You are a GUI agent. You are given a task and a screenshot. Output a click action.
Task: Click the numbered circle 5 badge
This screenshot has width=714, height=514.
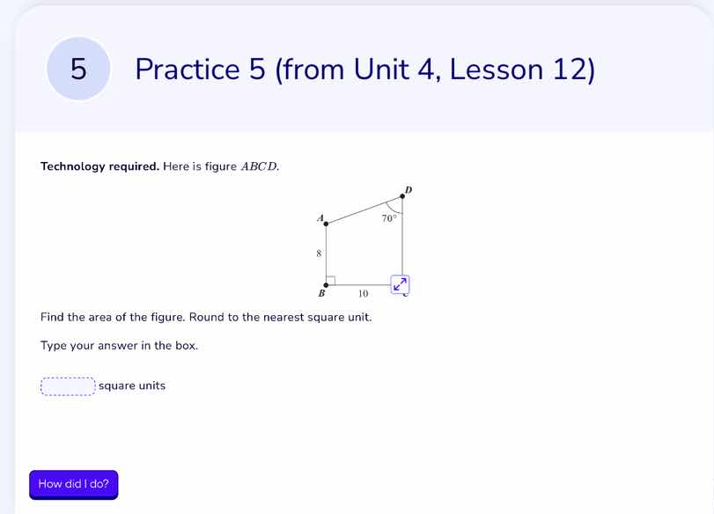(x=78, y=69)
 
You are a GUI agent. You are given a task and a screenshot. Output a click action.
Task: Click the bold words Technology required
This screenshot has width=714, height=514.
(x=99, y=166)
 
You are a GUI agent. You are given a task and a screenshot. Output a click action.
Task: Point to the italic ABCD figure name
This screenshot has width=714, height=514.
(x=260, y=166)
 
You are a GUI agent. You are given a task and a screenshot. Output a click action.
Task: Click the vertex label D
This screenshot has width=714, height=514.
(x=409, y=188)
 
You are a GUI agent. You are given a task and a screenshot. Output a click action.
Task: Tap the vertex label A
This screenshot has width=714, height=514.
(x=320, y=217)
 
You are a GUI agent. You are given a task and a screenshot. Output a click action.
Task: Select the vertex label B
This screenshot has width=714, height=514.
(x=321, y=294)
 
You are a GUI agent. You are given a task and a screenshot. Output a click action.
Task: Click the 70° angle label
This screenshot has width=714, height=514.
(x=389, y=217)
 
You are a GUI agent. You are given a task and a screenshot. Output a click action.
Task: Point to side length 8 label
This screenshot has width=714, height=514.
(x=319, y=253)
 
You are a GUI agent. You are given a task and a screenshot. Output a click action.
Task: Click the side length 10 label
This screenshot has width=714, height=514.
(x=363, y=294)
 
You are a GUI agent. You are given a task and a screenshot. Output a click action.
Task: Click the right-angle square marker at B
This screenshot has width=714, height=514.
(x=330, y=281)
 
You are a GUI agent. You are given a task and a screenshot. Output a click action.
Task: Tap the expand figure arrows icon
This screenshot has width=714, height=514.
(x=401, y=283)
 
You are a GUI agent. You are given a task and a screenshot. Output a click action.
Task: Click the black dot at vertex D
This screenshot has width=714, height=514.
(x=402, y=196)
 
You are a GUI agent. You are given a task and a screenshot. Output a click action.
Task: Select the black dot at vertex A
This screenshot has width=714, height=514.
(x=327, y=224)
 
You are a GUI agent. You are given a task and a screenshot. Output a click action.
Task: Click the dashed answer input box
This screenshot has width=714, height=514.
(x=68, y=385)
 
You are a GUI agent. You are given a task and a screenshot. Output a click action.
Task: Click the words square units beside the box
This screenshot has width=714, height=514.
(x=132, y=385)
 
